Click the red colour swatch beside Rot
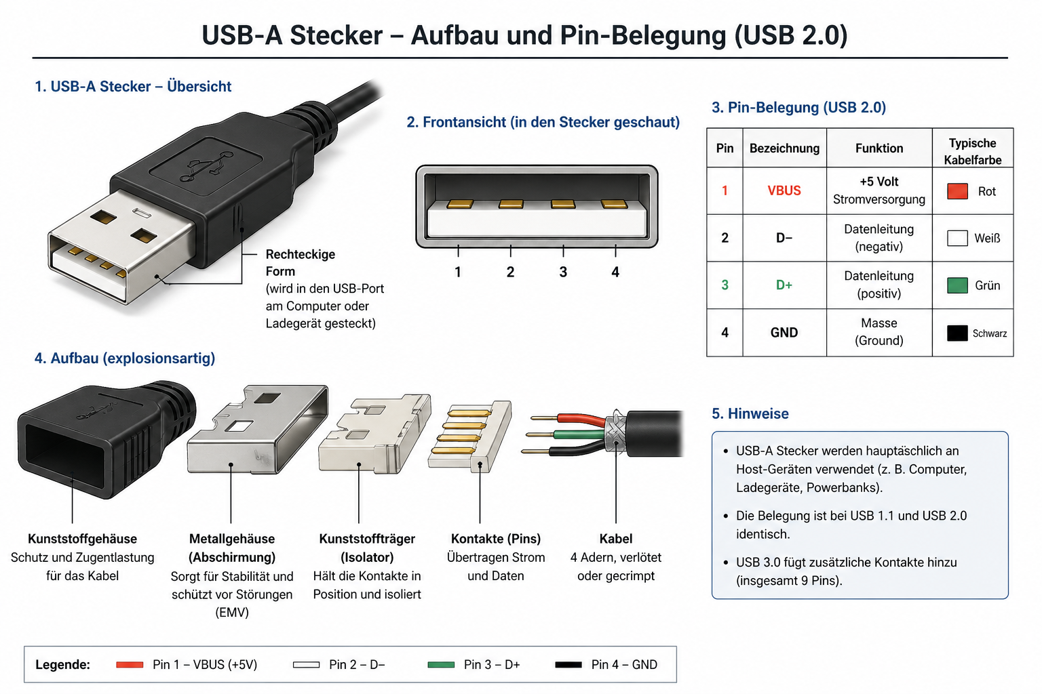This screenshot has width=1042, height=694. pos(957,191)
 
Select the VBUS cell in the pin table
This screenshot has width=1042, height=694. pos(784,190)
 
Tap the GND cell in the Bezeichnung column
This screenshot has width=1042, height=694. pos(784,332)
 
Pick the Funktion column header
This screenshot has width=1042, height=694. pos(879,148)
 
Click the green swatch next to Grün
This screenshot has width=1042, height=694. pos(957,285)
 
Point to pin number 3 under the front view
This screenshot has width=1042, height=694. pos(563,272)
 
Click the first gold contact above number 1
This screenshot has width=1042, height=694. pos(459,203)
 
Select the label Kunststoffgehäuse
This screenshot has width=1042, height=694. pos(82,539)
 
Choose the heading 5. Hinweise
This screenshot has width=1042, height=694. pos(750,413)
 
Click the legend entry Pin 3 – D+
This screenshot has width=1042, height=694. pos(492,664)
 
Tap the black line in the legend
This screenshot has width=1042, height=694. pos(568,664)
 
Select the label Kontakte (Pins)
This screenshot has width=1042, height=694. pos(496,539)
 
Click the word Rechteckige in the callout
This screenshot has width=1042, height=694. pos(301,254)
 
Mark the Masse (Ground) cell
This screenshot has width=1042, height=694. pos(879,332)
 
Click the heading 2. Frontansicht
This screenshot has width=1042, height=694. pos(543,122)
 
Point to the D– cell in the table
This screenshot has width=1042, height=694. pos(784,238)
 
